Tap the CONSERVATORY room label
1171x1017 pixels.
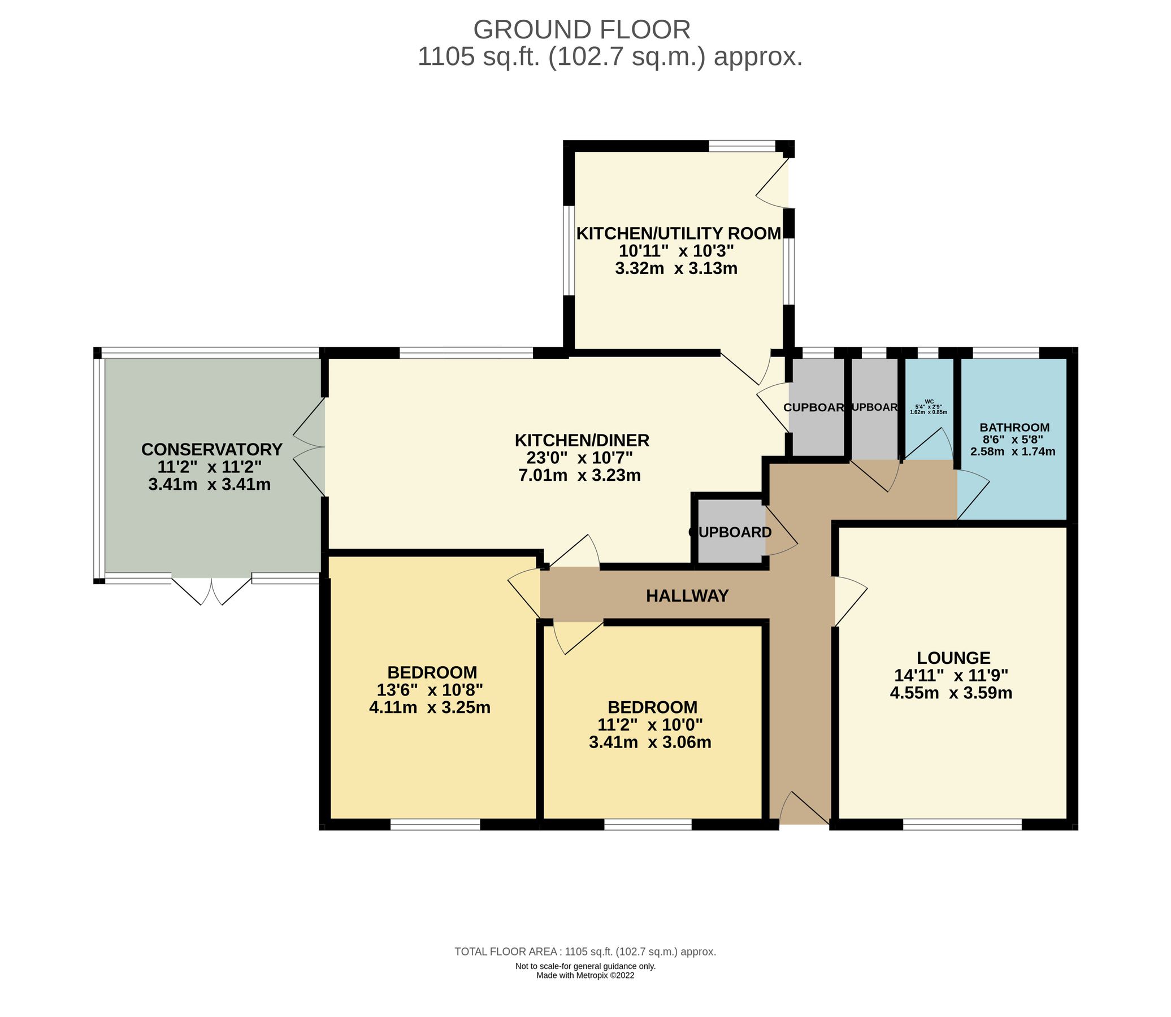point(211,450)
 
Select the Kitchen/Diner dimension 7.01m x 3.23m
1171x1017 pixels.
point(579,476)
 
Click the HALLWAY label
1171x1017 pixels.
point(687,596)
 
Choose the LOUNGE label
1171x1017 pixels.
point(953,658)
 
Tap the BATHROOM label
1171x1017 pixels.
point(1014,427)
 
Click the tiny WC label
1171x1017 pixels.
point(929,401)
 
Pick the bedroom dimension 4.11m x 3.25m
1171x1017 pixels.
point(429,708)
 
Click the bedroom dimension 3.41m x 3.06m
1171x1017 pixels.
point(650,742)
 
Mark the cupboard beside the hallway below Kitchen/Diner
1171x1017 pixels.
point(730,532)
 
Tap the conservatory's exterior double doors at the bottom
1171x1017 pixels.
point(211,590)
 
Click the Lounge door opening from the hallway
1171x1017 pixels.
point(850,602)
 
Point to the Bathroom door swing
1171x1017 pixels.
point(973,497)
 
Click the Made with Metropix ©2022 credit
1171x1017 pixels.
point(584,976)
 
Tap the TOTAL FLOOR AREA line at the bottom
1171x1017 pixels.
point(584,951)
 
